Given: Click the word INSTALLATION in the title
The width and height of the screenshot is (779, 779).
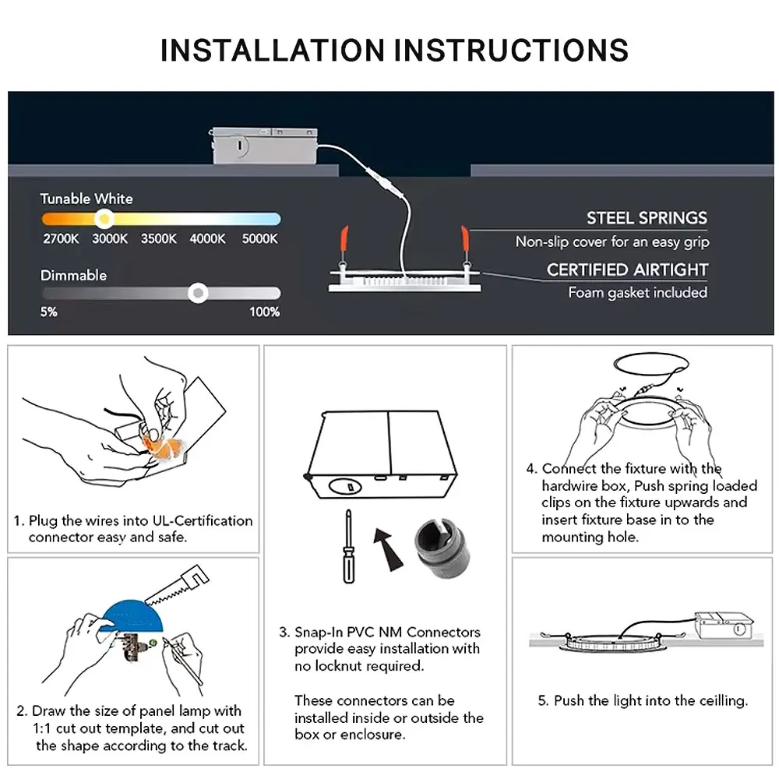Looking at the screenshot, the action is tap(273, 50).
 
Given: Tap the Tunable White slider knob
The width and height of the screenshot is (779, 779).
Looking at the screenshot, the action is tap(104, 219).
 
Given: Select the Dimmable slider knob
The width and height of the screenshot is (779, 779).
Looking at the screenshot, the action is tap(198, 293).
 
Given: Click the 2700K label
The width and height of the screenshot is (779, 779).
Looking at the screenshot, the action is tap(61, 239).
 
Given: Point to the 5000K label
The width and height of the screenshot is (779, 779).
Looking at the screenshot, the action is tap(260, 239).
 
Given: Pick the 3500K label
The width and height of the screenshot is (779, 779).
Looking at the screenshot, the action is tap(158, 239).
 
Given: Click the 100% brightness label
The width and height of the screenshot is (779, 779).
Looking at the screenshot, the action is tap(264, 312).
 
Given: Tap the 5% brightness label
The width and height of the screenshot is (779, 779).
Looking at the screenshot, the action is tap(48, 312).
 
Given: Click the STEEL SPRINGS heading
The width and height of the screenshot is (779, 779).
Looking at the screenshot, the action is tap(647, 218).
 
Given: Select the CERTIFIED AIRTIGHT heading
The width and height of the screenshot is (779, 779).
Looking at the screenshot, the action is tap(627, 270).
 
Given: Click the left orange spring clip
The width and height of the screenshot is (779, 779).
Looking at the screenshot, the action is tap(344, 239).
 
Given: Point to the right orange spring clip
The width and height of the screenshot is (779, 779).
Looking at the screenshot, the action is tap(465, 238).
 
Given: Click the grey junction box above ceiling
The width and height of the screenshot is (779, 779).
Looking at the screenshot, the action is tap(264, 146).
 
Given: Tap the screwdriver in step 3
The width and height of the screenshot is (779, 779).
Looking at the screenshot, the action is tap(349, 546).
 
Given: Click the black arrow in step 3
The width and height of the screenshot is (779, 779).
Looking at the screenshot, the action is tap(388, 549).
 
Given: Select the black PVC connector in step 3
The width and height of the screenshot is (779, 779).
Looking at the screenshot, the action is tap(440, 548).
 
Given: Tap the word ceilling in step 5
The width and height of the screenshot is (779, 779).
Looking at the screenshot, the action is tap(724, 700).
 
